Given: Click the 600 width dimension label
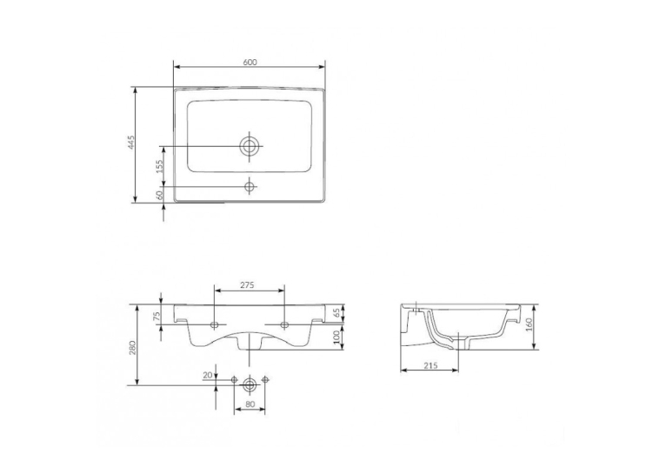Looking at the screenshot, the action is (250, 63).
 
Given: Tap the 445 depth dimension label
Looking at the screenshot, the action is (131, 143).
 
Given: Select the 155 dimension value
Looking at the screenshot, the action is (160, 166).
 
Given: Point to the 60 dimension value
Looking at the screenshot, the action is (160, 195).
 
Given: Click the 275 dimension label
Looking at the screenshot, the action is (247, 285).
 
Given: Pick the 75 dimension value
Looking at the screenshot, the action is (157, 315).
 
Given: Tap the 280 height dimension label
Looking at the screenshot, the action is (132, 347).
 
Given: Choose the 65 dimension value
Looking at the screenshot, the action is (337, 314).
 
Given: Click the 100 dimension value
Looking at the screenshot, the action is (337, 337).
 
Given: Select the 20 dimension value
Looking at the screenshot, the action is (208, 375).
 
